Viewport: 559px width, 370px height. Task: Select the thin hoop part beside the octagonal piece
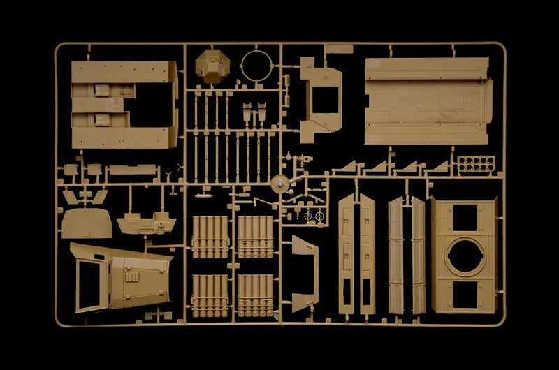tap(257, 67)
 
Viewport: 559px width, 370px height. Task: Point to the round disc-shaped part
tap(279, 184)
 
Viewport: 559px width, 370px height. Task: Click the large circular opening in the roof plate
tap(465, 256)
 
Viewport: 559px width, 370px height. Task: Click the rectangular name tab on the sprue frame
tap(338, 49)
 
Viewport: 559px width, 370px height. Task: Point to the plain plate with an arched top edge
tap(86, 223)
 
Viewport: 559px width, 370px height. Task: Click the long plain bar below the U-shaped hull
tap(132, 169)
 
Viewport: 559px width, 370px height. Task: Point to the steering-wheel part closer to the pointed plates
tap(321, 216)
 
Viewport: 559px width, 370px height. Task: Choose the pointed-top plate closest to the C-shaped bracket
tap(347, 255)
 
